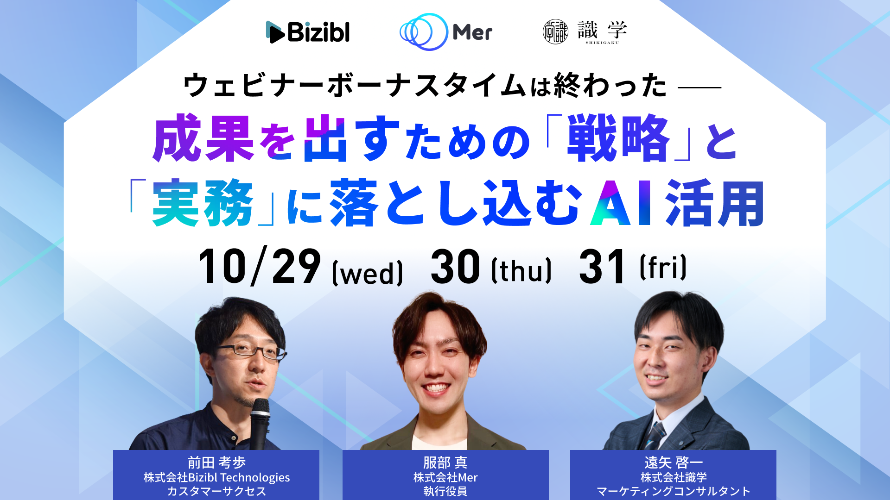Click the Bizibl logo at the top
308,32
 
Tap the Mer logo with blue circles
446,32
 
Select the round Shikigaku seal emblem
555,32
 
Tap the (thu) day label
521,270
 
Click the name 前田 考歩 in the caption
216,462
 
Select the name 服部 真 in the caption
445,462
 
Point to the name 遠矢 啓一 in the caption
674,462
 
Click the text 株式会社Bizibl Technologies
216,477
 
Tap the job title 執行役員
445,491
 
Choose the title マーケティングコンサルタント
674,491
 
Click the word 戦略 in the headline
618,138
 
